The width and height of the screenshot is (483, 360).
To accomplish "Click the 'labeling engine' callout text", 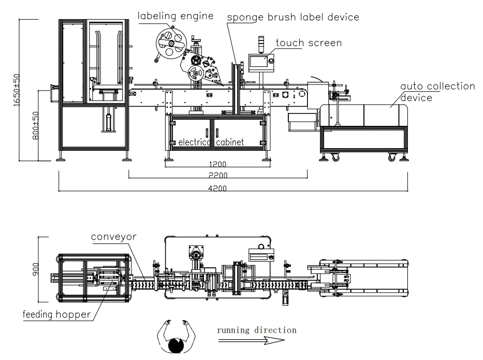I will (x=175, y=16).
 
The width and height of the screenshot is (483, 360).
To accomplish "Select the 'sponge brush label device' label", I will (x=294, y=17).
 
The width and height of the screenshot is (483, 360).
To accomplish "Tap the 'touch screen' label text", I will (x=309, y=43).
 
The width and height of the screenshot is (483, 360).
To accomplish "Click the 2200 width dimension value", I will (x=216, y=176).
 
